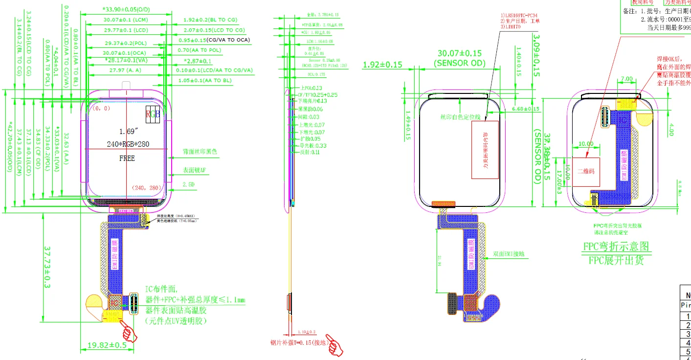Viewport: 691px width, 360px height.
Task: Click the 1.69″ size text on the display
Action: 127,131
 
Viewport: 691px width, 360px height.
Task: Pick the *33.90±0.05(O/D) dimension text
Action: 126,9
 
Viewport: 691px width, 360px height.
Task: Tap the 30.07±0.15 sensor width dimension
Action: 459,53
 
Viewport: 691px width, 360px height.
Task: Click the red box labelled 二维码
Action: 586,172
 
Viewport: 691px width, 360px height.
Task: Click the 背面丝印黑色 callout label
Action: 200,152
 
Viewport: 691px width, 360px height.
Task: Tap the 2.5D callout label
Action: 189,184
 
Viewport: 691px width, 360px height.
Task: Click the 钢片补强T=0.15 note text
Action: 297,343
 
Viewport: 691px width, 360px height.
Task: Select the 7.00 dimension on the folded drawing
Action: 626,79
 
